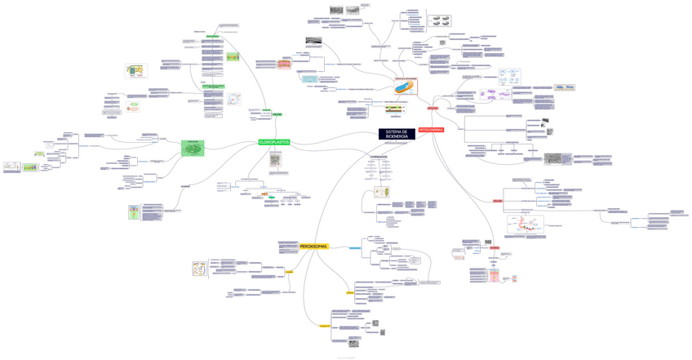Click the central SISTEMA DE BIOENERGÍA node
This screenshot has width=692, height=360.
point(397,134)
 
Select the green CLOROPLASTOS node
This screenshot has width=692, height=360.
point(274,142)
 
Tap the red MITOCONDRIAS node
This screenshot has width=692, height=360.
point(431,130)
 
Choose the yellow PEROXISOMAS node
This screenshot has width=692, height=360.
point(313,246)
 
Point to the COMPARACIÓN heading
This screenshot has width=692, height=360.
point(379,157)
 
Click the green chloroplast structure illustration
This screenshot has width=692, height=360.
point(193,148)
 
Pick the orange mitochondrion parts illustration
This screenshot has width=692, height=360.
point(406,86)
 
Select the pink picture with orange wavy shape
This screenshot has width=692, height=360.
point(284,64)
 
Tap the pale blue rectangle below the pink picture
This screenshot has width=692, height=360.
point(308,79)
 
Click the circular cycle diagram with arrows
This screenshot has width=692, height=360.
point(235,99)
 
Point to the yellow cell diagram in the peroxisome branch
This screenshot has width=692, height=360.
point(199,269)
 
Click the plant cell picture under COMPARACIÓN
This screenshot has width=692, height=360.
point(381,192)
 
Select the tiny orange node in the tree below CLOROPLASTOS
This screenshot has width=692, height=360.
point(265,194)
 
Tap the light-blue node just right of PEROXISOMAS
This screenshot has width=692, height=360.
point(356,247)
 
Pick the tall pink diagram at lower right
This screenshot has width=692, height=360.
point(495,276)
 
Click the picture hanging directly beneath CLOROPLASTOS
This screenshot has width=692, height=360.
point(276,160)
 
